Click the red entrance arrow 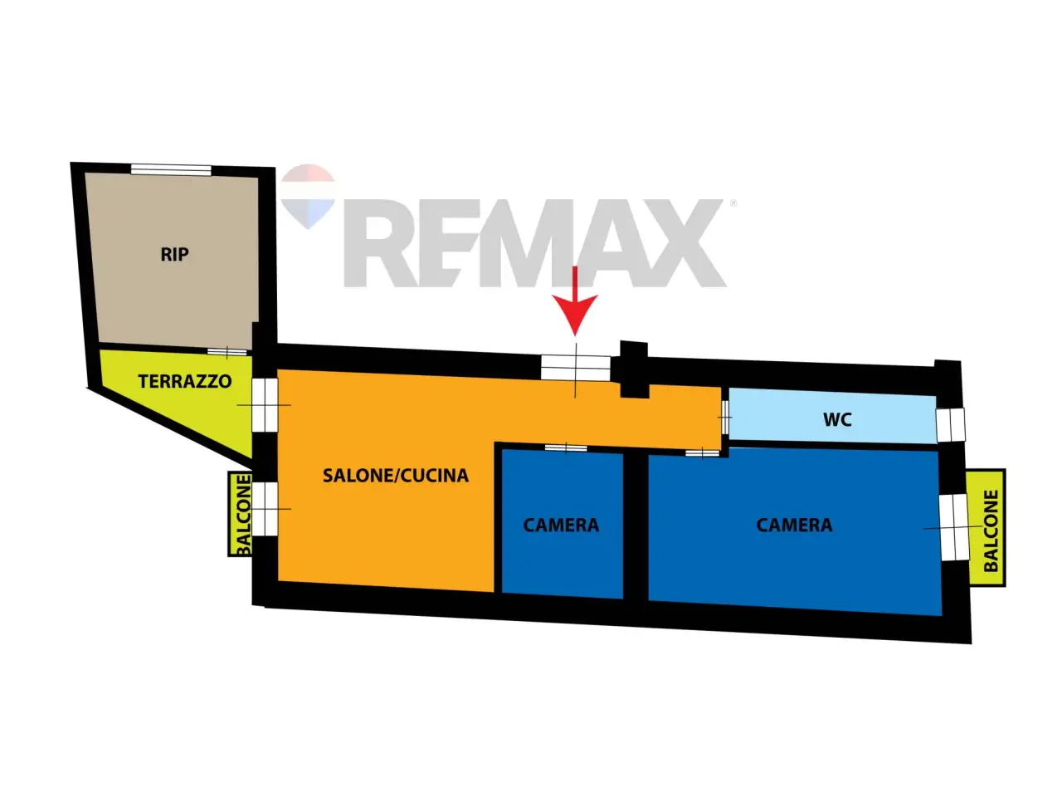tap(575, 301)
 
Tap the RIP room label tap(174, 254)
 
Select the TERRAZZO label tap(185, 381)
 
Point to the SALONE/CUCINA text tap(396, 475)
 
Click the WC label tap(837, 419)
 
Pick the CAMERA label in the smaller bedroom tap(561, 525)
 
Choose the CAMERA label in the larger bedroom tap(795, 525)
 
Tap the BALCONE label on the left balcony tap(243, 514)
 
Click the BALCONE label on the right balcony tap(991, 531)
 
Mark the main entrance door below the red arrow tap(575, 367)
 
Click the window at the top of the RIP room tap(171, 169)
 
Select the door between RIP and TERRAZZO tap(227, 352)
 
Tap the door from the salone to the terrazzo tap(265, 404)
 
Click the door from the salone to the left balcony tap(265, 509)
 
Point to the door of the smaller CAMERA tap(566, 447)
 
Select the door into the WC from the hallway tap(725, 417)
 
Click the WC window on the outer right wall tap(951, 425)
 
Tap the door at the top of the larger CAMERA tap(703, 453)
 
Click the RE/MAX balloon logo tap(308, 196)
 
